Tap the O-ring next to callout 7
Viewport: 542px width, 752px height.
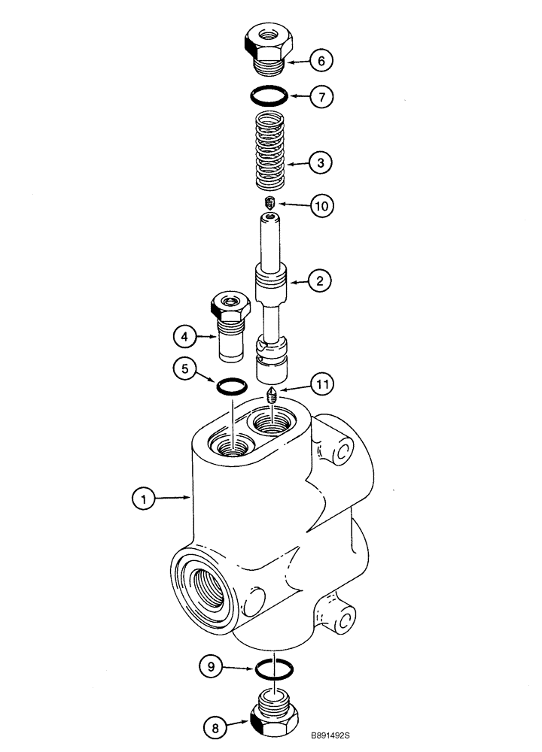point(269,96)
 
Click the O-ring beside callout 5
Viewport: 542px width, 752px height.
point(232,387)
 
